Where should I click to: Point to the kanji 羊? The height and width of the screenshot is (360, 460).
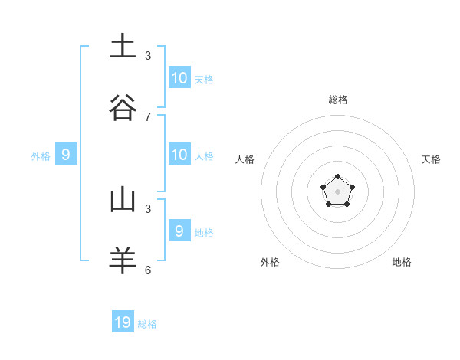coord(123,260)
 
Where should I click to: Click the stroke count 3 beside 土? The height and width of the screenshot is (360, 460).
coord(148,55)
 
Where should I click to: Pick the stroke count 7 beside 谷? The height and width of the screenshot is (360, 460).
coord(148,116)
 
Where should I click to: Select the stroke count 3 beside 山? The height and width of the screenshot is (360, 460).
coord(148,208)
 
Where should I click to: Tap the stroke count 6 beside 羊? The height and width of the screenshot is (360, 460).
coord(148,270)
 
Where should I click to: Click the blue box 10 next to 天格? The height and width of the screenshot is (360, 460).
coord(179,77)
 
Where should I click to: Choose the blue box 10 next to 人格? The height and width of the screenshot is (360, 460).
coord(179,154)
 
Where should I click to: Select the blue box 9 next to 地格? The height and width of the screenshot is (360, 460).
coord(179,231)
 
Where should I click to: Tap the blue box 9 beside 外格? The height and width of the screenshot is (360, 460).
coord(66,154)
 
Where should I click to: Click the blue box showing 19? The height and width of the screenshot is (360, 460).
coord(123,322)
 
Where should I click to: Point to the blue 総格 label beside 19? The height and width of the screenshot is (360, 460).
coord(147,324)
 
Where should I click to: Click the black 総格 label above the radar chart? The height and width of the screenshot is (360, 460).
coord(338,100)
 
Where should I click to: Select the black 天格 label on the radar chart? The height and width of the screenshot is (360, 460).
coord(431,159)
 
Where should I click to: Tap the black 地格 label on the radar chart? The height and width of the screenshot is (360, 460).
coord(402,262)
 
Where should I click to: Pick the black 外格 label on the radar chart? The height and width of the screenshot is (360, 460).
coord(270,262)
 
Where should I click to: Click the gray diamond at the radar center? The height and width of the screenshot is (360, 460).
coord(338,191)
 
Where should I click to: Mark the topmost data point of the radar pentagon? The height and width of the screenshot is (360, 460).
coord(338,177)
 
